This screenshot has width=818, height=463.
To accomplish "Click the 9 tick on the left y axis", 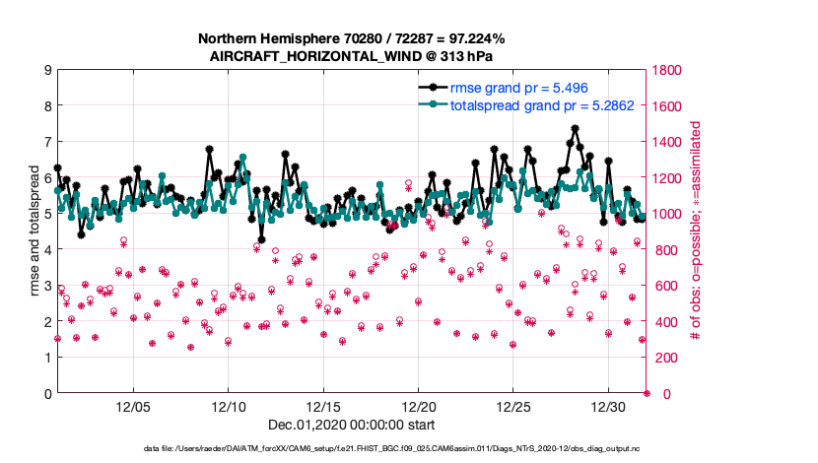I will click(47, 70).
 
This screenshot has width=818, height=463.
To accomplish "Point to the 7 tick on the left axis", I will click(47, 142).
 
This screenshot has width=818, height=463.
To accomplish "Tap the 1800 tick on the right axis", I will click(666, 70).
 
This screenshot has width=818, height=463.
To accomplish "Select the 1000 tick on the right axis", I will click(666, 214).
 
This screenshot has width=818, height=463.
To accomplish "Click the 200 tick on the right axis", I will click(662, 358).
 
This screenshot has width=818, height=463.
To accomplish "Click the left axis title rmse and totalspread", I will click(34, 231).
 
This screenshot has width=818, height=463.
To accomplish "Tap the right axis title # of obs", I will click(695, 231).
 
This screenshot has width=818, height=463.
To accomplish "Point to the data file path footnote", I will click(352, 449).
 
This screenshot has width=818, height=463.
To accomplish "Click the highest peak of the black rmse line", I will click(575, 128).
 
